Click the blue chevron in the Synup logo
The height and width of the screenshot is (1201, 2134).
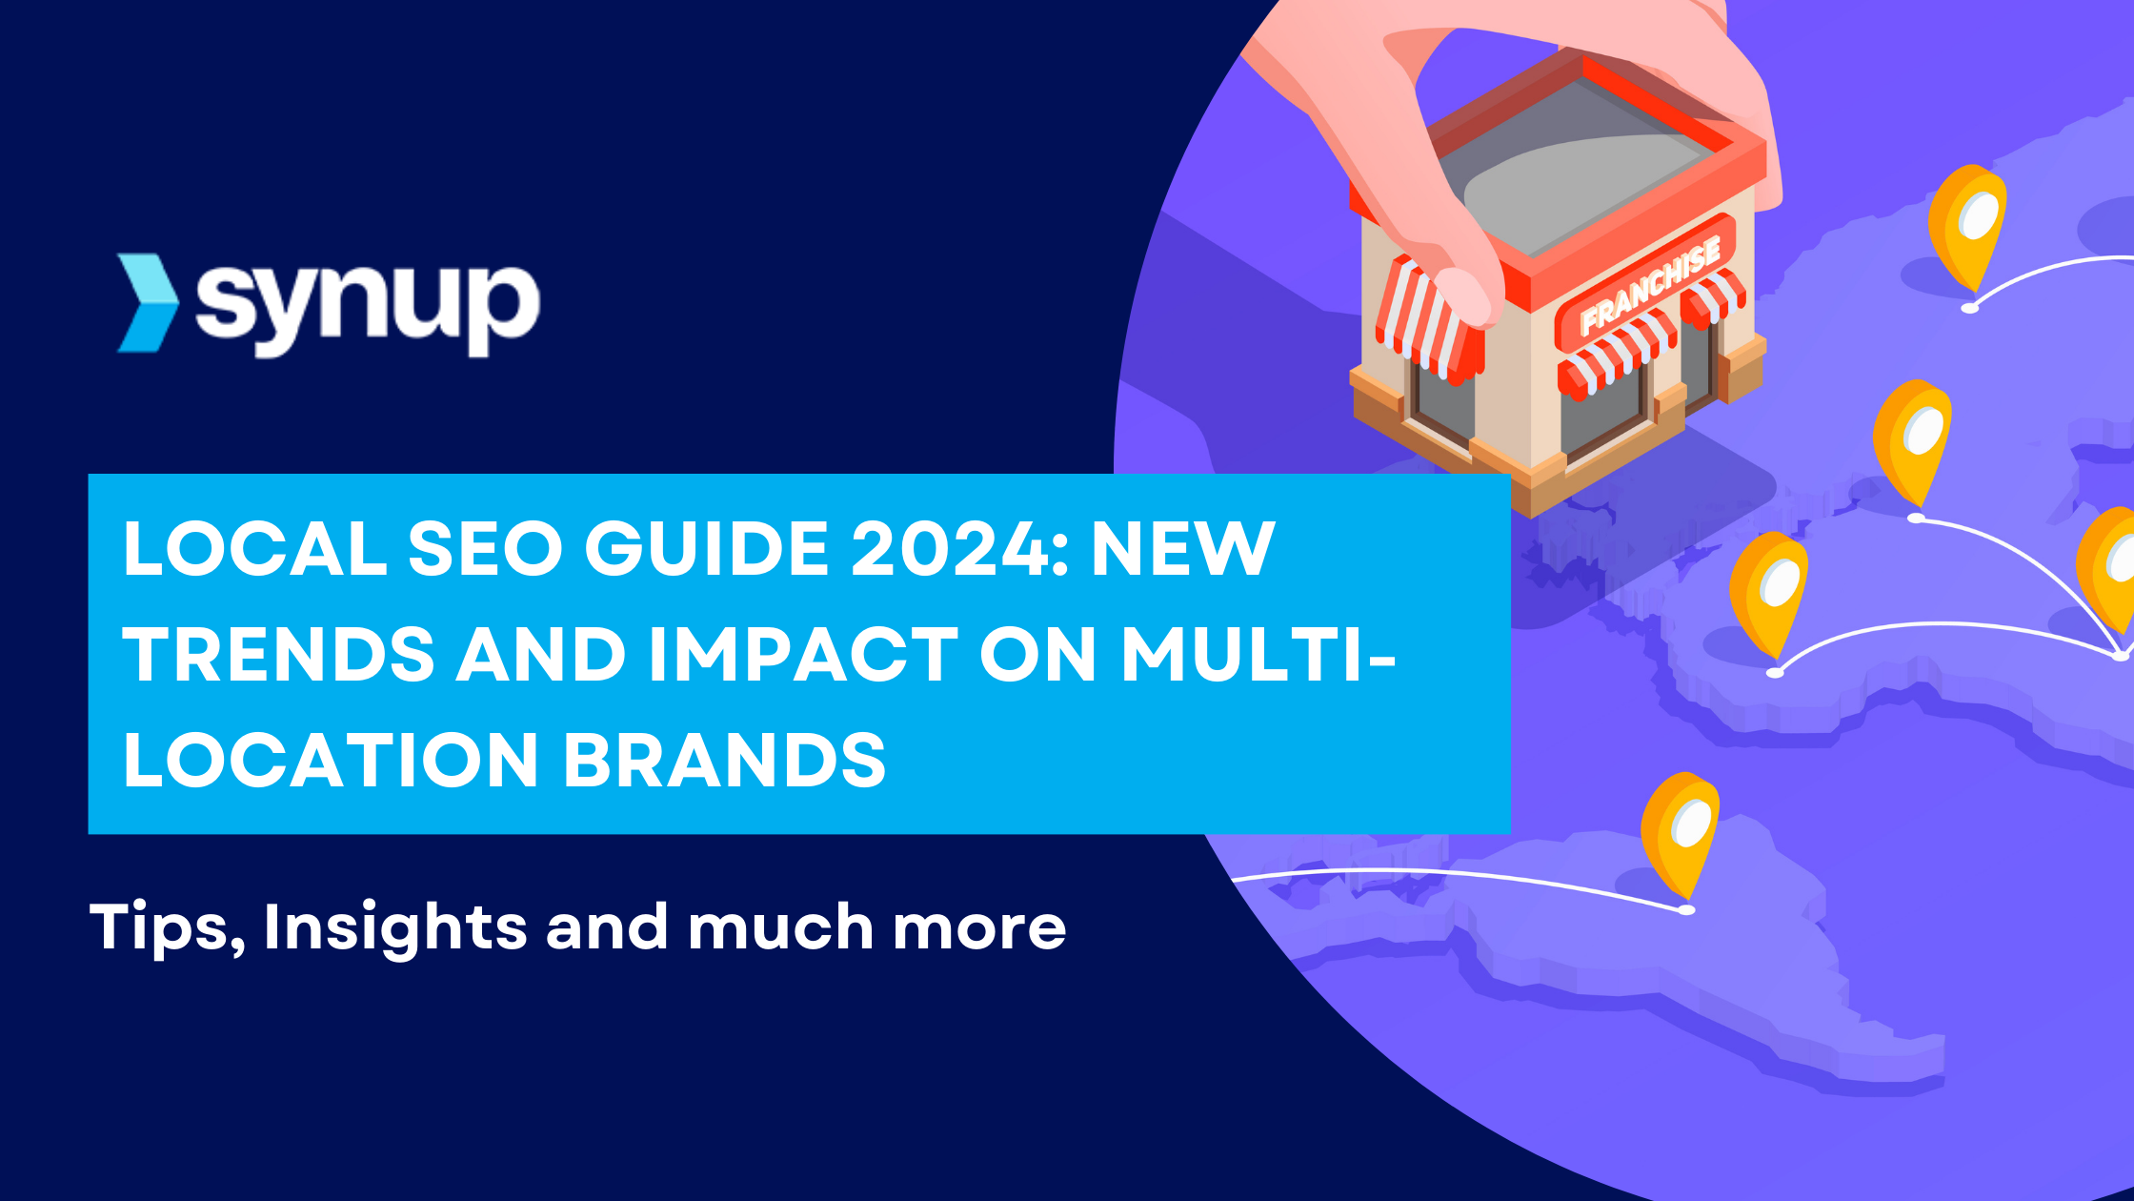pos(148,303)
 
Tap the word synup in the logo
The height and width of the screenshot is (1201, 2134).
pos(368,307)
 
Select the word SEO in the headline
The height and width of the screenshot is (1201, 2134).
pos(485,549)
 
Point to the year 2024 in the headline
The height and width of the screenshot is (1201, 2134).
pos(958,549)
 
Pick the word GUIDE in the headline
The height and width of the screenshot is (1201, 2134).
pos(707,549)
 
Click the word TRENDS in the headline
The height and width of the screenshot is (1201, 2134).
pos(279,655)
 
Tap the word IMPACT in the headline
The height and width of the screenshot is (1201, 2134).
pos(803,655)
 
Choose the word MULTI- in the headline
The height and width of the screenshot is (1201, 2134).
pos(1258,655)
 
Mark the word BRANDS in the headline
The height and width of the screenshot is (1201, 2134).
pos(725,761)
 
